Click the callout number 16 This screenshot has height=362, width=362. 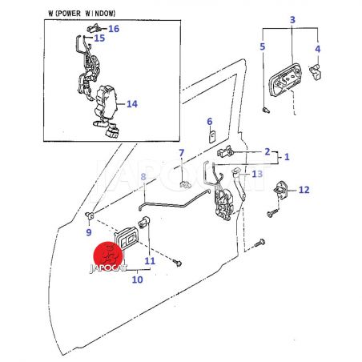click(114, 29)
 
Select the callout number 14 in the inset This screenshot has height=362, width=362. click(132, 104)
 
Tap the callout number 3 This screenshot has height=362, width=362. click(292, 20)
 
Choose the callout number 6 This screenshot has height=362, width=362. click(210, 122)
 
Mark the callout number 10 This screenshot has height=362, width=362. click(137, 280)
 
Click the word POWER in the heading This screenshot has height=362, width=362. click(67, 14)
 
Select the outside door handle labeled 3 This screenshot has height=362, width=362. click(285, 80)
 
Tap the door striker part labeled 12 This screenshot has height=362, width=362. click(281, 189)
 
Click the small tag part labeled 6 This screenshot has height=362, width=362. click(212, 136)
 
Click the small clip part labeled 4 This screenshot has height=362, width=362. click(315, 71)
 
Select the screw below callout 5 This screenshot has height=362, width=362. click(266, 110)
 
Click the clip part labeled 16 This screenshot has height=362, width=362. click(94, 28)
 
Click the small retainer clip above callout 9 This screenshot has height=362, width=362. click(90, 215)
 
